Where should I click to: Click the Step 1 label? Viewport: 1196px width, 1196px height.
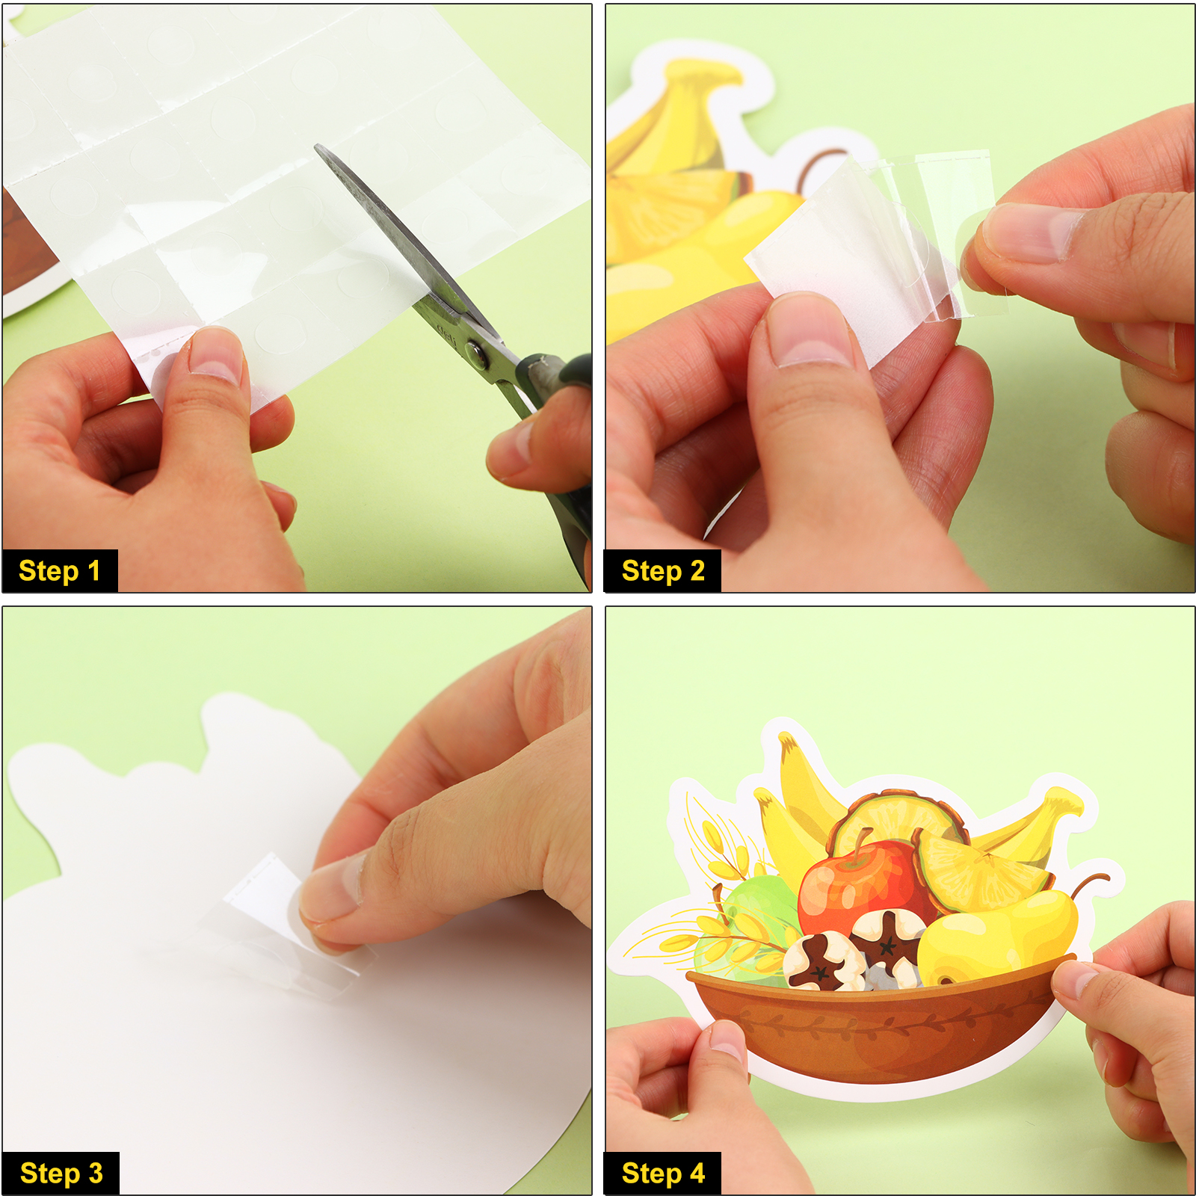click(x=59, y=571)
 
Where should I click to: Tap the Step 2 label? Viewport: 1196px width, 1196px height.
click(x=663, y=571)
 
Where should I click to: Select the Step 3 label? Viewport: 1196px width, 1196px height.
click(x=61, y=1174)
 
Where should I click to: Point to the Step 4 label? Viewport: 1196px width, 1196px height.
click(x=663, y=1174)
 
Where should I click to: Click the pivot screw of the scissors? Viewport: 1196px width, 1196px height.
click(x=477, y=352)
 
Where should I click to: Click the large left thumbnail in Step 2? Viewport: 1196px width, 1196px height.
click(x=811, y=330)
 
